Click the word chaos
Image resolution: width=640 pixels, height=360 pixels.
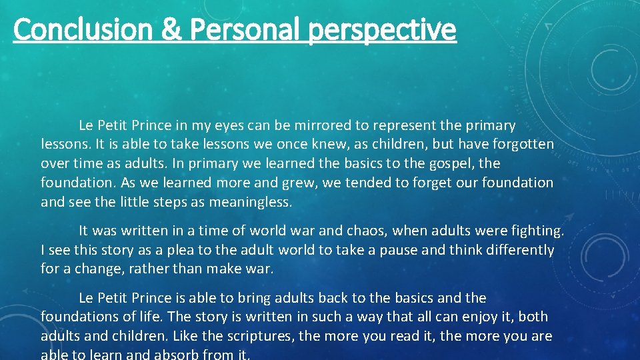click(x=361, y=231)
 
